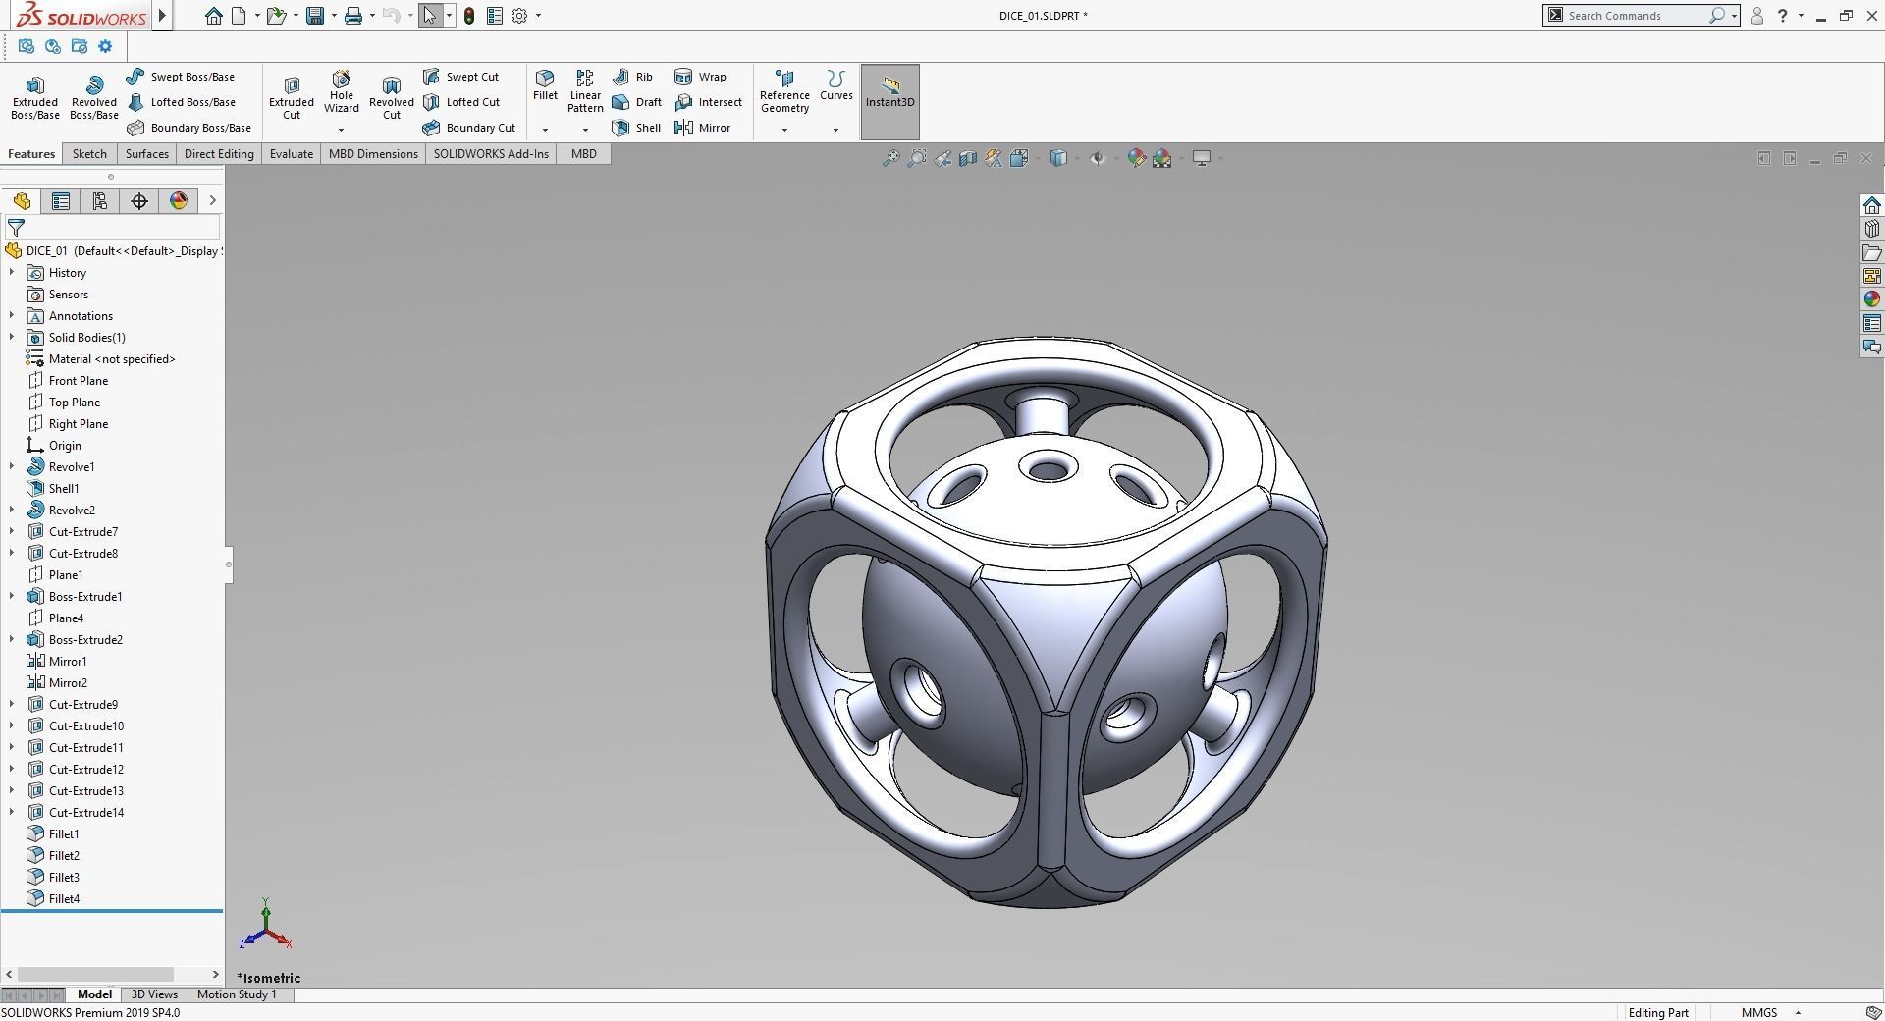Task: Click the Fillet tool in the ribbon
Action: pyautogui.click(x=545, y=85)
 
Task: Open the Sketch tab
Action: pyautogui.click(x=89, y=154)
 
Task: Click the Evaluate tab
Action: pyautogui.click(x=292, y=154)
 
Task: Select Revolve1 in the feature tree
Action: pyautogui.click(x=71, y=467)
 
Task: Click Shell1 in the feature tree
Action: pyautogui.click(x=64, y=489)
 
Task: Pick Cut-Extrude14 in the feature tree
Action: pyautogui.click(x=85, y=813)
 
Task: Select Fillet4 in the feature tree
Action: pyautogui.click(x=64, y=899)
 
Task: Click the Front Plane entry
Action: pyautogui.click(x=78, y=381)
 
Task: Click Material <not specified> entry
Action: pyautogui.click(x=111, y=359)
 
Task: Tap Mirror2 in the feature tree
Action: pyautogui.click(x=68, y=683)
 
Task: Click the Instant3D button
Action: pyautogui.click(x=889, y=93)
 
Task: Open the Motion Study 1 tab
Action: pyautogui.click(x=237, y=994)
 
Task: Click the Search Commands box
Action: pyautogui.click(x=1635, y=16)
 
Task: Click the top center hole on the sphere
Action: pyautogui.click(x=1048, y=468)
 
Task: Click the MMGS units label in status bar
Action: pyautogui.click(x=1758, y=1013)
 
